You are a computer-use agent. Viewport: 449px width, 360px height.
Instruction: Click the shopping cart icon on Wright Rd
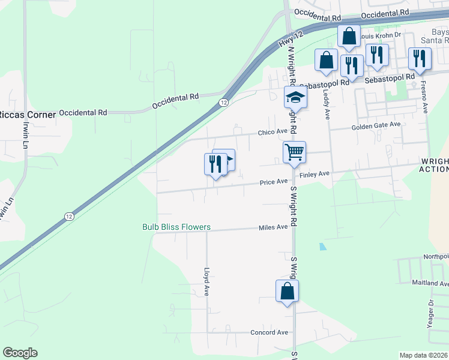click(294, 152)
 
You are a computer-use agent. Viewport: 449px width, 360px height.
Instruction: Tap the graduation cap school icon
click(295, 97)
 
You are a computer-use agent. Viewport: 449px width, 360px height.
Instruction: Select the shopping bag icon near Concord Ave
click(288, 291)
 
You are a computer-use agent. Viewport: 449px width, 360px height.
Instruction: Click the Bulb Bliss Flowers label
click(176, 227)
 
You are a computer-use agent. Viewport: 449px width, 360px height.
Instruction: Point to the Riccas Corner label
click(28, 114)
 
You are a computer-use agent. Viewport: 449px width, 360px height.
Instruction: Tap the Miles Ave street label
click(273, 227)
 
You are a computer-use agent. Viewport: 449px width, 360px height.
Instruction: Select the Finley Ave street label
click(315, 174)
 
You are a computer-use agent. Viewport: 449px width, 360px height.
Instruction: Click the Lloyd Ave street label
click(206, 282)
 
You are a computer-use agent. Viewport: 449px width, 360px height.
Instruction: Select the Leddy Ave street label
click(328, 100)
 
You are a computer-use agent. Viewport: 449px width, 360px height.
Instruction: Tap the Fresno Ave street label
click(424, 96)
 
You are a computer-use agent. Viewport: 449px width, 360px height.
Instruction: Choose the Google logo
click(20, 353)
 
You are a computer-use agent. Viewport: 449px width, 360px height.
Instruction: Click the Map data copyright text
click(423, 355)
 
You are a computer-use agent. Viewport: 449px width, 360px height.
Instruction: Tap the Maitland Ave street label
click(430, 283)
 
